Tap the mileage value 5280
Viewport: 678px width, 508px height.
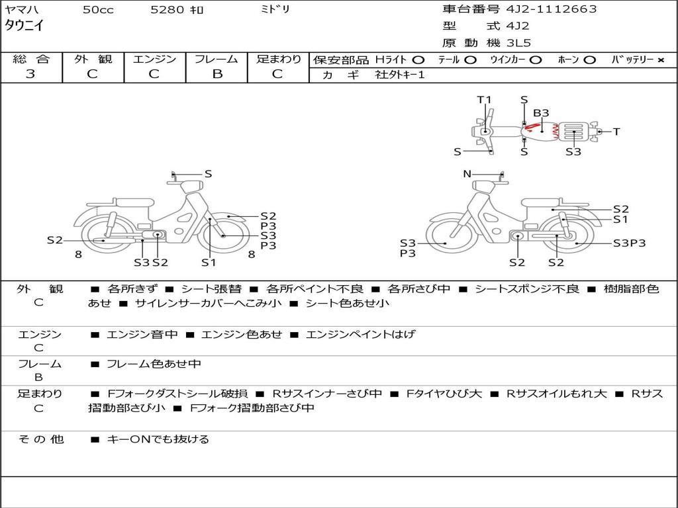(x=168, y=9)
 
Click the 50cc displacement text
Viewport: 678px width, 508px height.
(x=98, y=9)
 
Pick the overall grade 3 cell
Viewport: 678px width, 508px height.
(x=30, y=74)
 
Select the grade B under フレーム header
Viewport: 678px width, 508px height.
(x=217, y=74)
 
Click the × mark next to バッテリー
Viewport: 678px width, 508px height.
(x=661, y=60)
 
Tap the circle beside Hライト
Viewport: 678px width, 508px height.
(x=418, y=60)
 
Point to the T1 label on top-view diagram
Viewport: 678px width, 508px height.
(x=484, y=100)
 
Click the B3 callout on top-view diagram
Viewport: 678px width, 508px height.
(x=541, y=112)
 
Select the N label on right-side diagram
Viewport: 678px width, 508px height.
(x=467, y=174)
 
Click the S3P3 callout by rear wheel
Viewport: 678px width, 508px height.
(x=629, y=243)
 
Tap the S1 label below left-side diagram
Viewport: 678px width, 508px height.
(x=209, y=262)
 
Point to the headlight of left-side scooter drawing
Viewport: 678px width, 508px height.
(x=191, y=187)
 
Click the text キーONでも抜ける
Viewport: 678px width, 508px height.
(x=158, y=439)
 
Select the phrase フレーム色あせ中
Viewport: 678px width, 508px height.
(x=154, y=364)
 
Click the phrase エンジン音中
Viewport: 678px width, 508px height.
(x=142, y=334)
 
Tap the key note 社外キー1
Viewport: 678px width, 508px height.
(x=400, y=75)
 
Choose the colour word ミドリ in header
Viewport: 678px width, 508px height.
(x=275, y=9)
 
